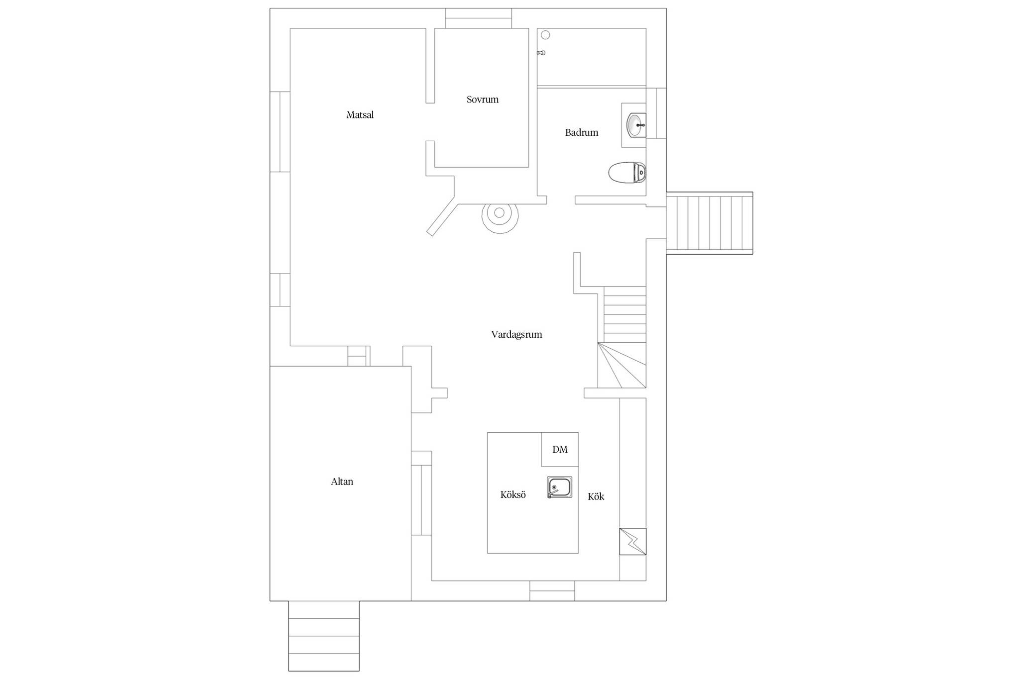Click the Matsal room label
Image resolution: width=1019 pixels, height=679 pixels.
(360, 115)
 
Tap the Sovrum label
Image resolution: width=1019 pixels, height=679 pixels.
(482, 99)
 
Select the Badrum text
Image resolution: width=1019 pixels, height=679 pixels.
(581, 132)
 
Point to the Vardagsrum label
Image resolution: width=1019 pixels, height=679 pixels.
(516, 334)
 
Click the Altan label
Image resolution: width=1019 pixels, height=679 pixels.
(342, 482)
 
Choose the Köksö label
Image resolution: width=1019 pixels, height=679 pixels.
(513, 494)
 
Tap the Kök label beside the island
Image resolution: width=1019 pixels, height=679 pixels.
(596, 496)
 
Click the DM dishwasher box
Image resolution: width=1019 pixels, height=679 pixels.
(560, 449)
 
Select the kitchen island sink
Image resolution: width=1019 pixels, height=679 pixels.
(559, 487)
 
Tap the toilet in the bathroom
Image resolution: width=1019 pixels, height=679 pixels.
(627, 173)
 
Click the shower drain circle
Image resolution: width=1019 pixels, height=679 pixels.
(545, 35)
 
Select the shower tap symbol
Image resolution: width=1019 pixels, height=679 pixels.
(541, 53)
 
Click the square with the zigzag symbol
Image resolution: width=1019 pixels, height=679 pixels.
(632, 541)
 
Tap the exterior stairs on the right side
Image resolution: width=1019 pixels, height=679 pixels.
(710, 223)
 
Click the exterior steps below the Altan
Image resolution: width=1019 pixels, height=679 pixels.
(324, 636)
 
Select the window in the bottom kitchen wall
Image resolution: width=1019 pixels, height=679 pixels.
(552, 590)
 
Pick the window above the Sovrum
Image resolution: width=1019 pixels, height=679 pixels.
(478, 18)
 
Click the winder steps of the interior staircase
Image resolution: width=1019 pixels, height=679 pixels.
(622, 365)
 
